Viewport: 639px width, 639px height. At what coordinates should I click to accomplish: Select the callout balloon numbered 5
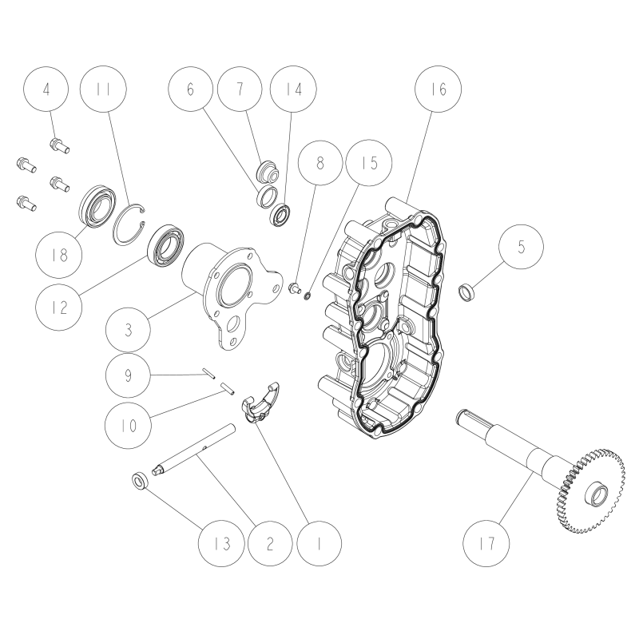(x=522, y=247)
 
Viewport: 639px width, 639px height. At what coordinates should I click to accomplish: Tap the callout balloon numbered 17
(x=487, y=544)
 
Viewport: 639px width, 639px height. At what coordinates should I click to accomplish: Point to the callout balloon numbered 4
(x=46, y=90)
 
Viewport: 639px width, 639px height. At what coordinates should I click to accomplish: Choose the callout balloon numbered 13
(x=221, y=544)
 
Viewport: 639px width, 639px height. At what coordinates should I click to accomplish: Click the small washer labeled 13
(x=138, y=480)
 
